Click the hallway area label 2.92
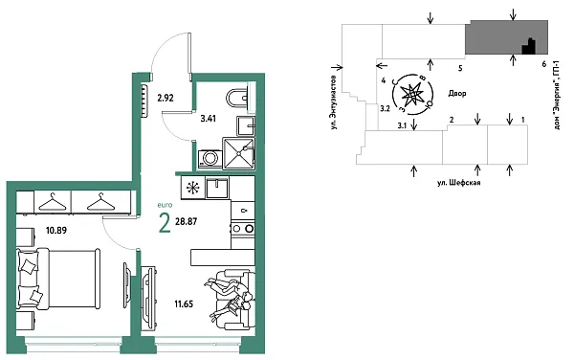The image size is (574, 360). (165, 98)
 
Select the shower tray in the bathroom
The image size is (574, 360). (239, 152)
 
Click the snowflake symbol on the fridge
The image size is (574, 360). (192, 188)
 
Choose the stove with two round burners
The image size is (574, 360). (243, 230)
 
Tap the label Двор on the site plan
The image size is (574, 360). (455, 94)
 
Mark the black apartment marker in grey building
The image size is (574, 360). (525, 45)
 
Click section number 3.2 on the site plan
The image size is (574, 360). (385, 110)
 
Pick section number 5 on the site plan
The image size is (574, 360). (460, 69)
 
